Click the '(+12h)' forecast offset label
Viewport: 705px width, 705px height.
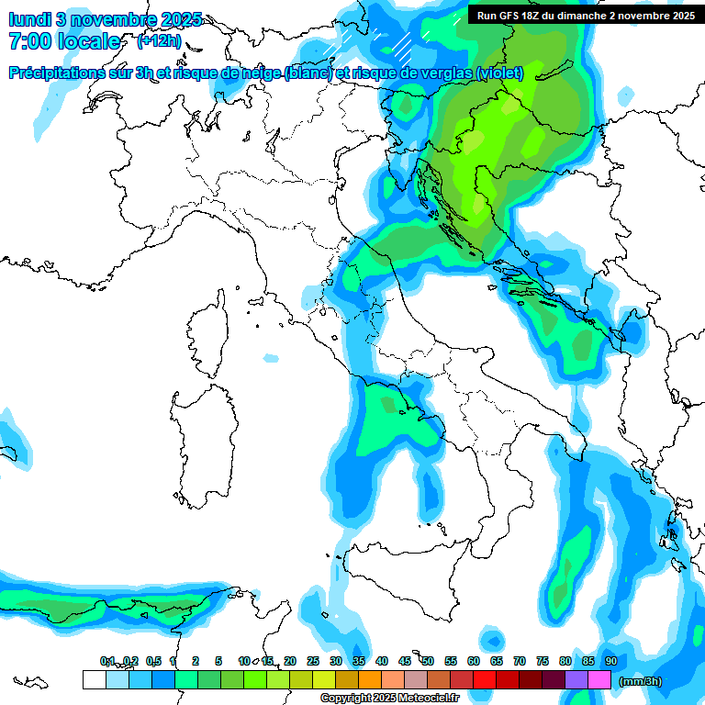159,41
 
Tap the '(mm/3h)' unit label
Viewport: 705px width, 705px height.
641,680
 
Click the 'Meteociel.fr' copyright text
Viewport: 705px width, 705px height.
422,699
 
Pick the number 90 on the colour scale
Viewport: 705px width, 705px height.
610,661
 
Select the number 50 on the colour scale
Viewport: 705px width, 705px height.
427,661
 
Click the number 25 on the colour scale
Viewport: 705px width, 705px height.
312,661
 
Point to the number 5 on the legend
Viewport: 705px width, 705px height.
218,661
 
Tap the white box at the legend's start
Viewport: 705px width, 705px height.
94,680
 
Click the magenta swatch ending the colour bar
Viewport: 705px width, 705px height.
599,680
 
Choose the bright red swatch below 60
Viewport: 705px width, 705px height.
485,680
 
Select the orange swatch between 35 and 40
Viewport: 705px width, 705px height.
369,680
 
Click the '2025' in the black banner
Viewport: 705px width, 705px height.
679,16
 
